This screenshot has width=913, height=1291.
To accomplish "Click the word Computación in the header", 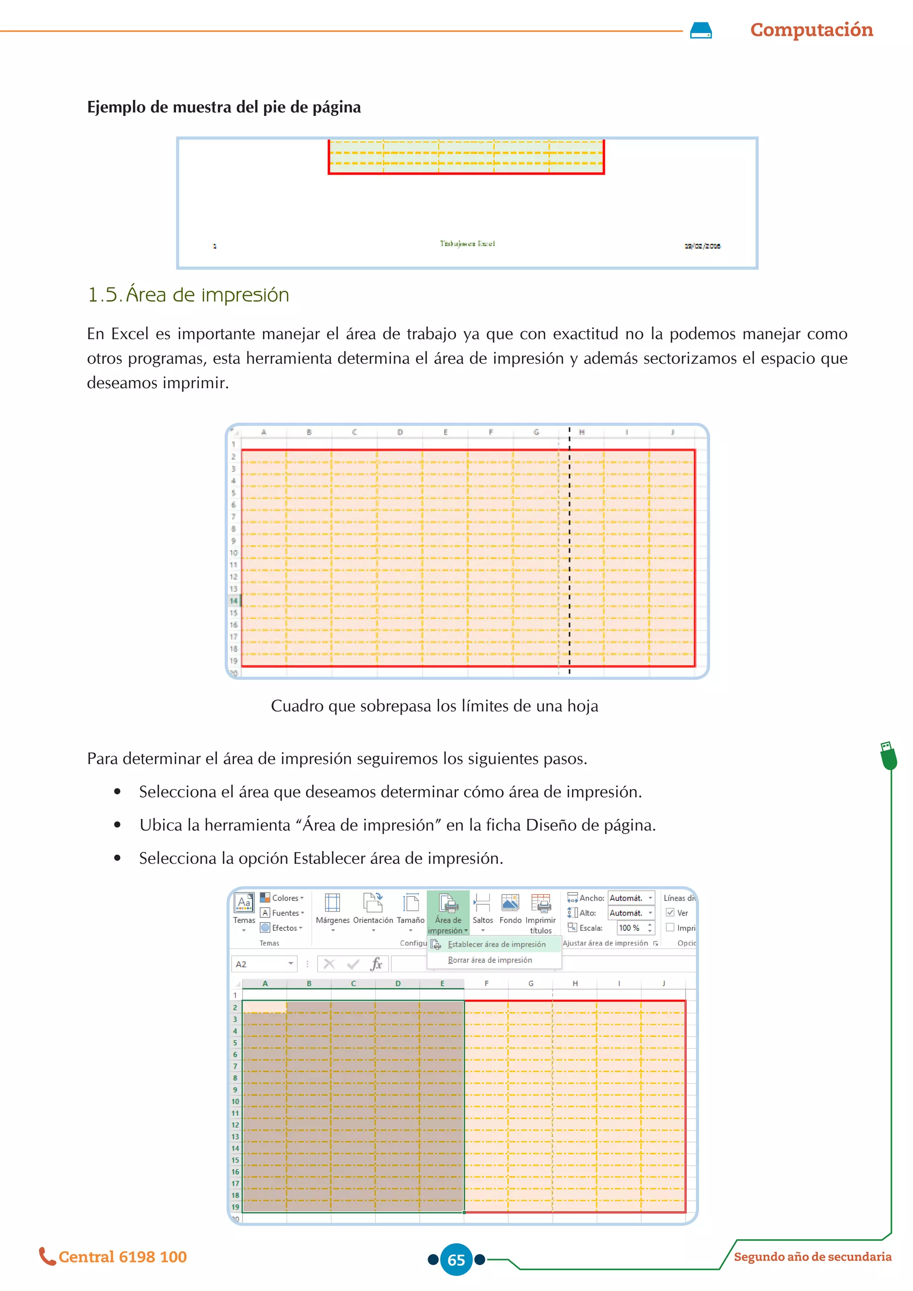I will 811,30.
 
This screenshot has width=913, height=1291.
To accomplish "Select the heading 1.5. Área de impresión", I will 188,295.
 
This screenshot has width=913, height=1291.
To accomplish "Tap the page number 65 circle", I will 456,1259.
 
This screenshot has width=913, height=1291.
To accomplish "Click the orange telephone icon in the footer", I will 47,1256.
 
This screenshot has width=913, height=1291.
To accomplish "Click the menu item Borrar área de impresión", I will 489,960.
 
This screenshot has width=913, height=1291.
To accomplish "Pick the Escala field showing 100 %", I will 635,928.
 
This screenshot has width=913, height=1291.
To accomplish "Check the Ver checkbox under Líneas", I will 670,913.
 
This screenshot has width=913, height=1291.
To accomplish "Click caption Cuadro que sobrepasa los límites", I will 434,706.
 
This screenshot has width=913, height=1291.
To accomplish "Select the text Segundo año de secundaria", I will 812,1257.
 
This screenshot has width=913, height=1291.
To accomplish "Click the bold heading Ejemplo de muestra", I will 224,107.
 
